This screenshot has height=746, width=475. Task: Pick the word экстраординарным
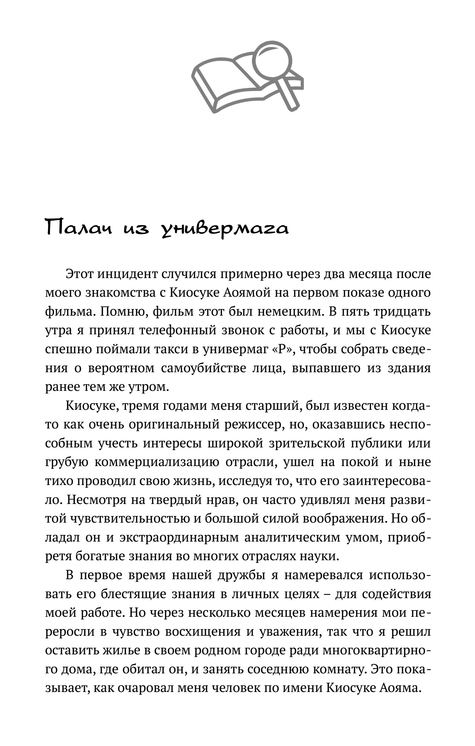click(x=179, y=537)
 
